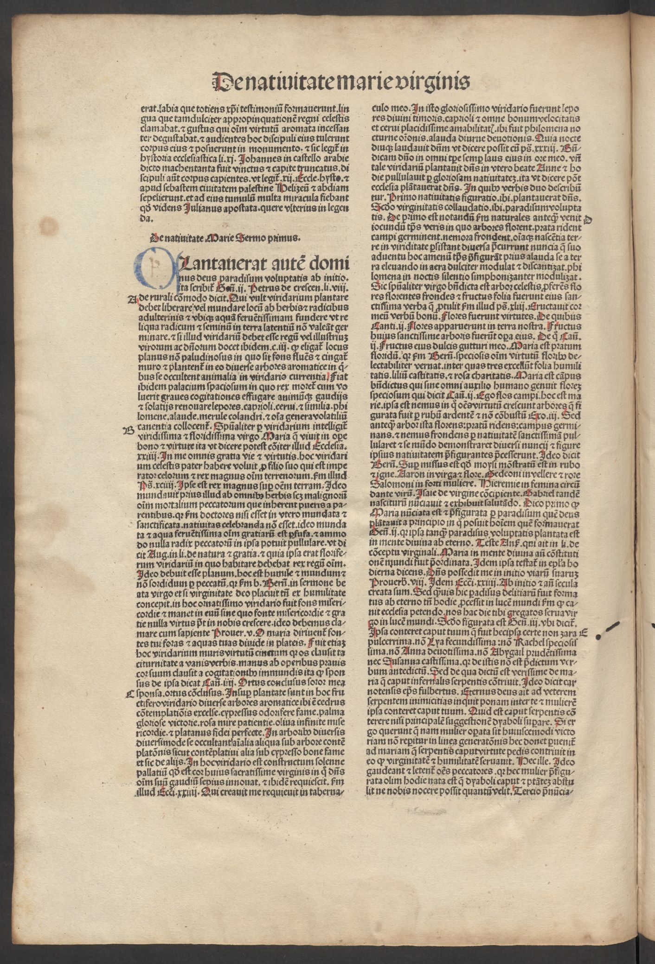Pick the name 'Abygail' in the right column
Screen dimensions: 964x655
coord(484,652)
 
